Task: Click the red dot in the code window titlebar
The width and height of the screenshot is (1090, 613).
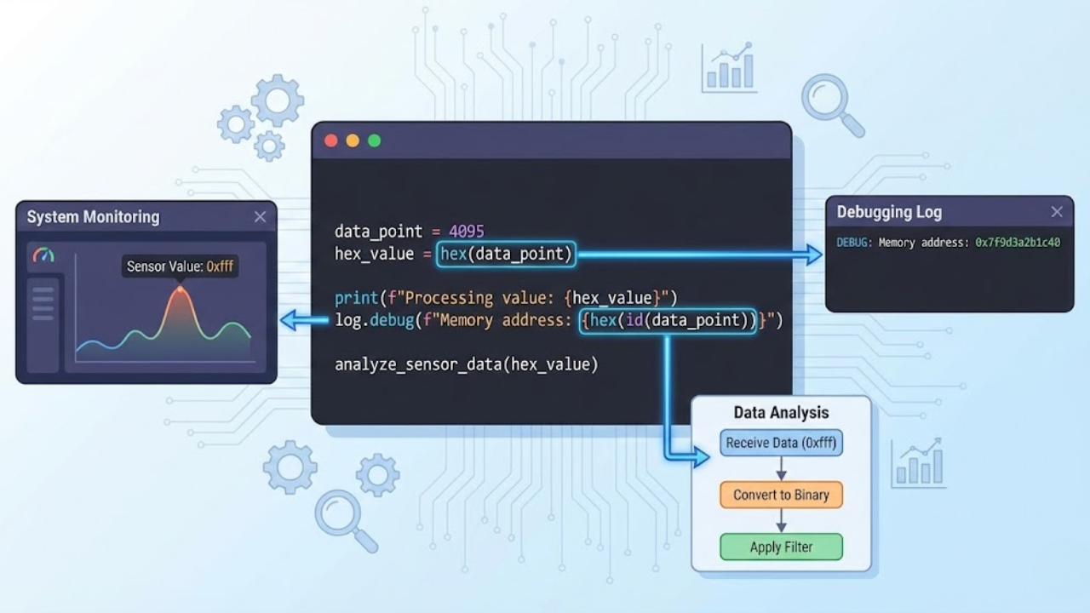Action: point(331,140)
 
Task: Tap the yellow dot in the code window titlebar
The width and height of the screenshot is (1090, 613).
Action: point(353,140)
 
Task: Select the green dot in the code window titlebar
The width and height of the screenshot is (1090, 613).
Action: point(374,140)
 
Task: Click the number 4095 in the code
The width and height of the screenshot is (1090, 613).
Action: point(467,232)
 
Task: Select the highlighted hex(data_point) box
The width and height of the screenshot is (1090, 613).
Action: point(506,254)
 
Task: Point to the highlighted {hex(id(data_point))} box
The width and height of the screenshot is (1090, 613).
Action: point(668,320)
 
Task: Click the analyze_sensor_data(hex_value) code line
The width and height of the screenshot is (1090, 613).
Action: point(466,364)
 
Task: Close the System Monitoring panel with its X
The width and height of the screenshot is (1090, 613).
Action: point(260,217)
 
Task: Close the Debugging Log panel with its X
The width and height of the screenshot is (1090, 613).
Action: point(1057,212)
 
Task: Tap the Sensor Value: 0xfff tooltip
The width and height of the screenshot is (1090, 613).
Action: point(180,266)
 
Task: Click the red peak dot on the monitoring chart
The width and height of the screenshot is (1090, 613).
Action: point(180,289)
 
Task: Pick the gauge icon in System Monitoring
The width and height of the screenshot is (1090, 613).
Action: point(43,255)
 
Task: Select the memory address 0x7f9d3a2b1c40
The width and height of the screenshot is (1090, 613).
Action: point(1018,243)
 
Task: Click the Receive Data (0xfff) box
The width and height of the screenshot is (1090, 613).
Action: point(781,443)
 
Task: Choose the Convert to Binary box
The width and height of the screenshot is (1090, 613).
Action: point(781,495)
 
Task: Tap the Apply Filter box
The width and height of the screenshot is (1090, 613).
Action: point(781,547)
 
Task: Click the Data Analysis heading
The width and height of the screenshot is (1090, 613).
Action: point(781,413)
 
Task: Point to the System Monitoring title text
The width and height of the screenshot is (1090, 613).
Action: point(93,217)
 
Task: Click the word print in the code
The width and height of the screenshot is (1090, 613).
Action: point(355,298)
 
